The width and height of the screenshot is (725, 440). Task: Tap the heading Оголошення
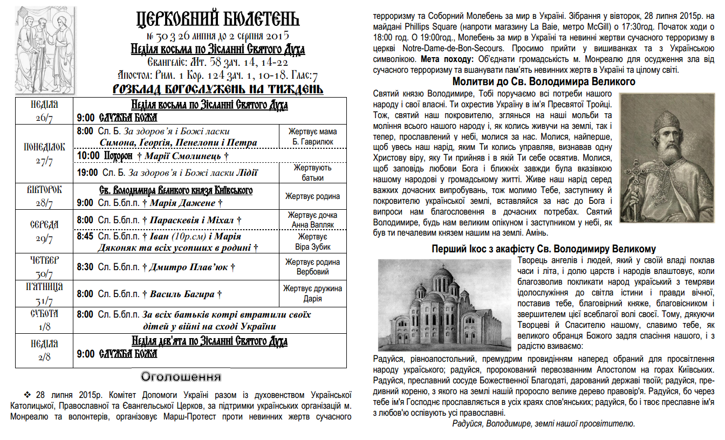tap(181, 376)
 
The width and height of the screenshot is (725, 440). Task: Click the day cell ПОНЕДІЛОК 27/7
tap(44, 154)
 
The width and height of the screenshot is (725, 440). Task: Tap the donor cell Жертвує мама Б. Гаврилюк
tap(312, 136)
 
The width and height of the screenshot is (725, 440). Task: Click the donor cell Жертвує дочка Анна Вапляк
tap(312, 219)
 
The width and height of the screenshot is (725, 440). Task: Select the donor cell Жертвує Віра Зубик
tap(312, 242)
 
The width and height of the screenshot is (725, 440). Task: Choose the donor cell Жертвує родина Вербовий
tap(312, 266)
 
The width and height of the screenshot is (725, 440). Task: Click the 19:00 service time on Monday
tap(87, 173)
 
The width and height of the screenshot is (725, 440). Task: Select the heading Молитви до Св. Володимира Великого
tap(543, 82)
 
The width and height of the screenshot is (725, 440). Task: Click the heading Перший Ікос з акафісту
tap(544, 249)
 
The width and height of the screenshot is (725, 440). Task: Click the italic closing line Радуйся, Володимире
tap(544, 424)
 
